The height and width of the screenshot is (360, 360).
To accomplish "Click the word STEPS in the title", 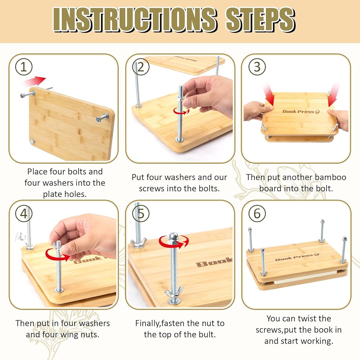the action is point(260,19).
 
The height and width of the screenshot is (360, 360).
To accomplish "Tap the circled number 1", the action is point(24,67).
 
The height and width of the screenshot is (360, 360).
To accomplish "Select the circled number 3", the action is point(257,67).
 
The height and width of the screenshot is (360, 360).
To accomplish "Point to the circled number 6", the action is point(257,213).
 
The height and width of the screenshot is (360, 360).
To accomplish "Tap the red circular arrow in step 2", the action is point(181,111).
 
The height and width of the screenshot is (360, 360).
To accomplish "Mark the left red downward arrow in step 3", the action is point(269,95).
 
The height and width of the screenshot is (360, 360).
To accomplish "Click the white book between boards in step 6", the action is point(306,277).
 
